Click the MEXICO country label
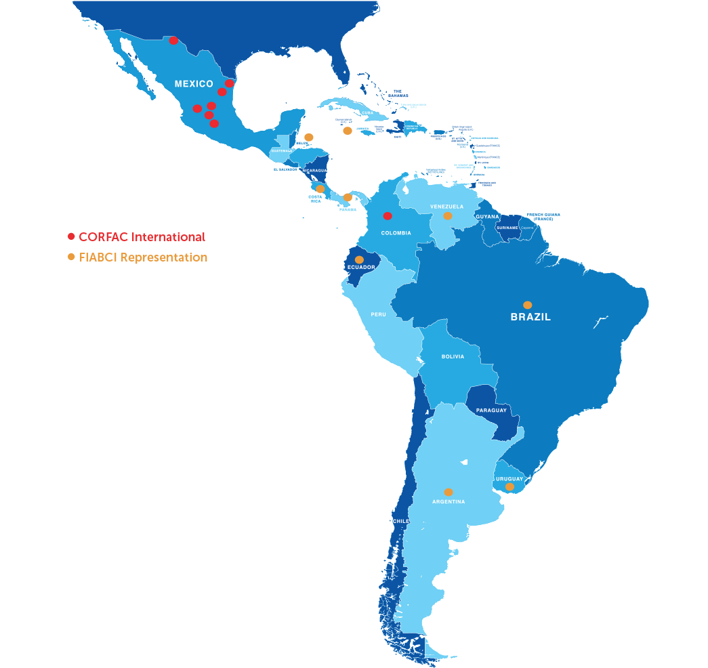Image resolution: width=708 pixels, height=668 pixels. tap(194, 84)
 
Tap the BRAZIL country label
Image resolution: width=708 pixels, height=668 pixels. tap(530, 317)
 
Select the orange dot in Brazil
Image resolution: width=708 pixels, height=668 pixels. tap(528, 305)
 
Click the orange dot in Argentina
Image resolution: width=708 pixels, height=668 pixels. tap(449, 493)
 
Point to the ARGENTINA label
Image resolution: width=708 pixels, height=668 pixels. tap(449, 502)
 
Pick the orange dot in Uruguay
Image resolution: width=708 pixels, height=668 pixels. tap(509, 486)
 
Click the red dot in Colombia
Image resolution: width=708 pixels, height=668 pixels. tap(388, 216)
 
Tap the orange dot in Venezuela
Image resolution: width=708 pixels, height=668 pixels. tap(448, 216)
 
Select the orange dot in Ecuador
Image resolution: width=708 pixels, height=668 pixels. tap(359, 259)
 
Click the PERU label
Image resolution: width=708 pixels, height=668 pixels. tap(378, 314)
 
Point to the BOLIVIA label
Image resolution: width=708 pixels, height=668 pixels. tap(453, 356)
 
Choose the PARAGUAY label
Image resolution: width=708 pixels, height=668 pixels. tap(491, 411)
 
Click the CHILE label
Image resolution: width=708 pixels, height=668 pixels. tap(400, 521)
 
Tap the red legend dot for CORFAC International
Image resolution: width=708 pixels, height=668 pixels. tap(71, 236)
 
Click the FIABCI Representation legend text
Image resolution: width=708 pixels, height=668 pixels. tap(143, 257)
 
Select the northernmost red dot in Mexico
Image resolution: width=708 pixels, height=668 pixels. tap(173, 41)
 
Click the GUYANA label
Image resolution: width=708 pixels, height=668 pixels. tap(487, 217)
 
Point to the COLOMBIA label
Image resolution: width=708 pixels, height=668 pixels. tap(396, 233)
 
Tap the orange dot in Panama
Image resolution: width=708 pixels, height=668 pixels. tap(348, 197)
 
